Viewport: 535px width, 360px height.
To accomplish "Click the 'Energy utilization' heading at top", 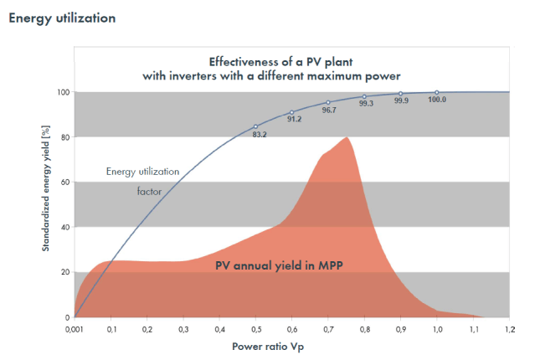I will (x=62, y=18).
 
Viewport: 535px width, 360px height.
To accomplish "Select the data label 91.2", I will (x=295, y=119).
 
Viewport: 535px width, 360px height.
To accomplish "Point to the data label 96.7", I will (x=330, y=110).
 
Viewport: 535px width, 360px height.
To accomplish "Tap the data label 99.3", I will (x=366, y=104).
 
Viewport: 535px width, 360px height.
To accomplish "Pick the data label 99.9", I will (x=402, y=100).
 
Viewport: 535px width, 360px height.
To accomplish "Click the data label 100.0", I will (x=437, y=100).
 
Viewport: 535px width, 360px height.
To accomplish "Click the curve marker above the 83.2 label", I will (x=255, y=126).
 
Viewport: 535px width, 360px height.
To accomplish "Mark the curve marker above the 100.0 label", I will (x=436, y=92).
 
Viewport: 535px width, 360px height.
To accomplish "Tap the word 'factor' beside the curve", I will (x=149, y=191).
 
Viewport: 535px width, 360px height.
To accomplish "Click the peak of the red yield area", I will (x=346, y=137).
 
